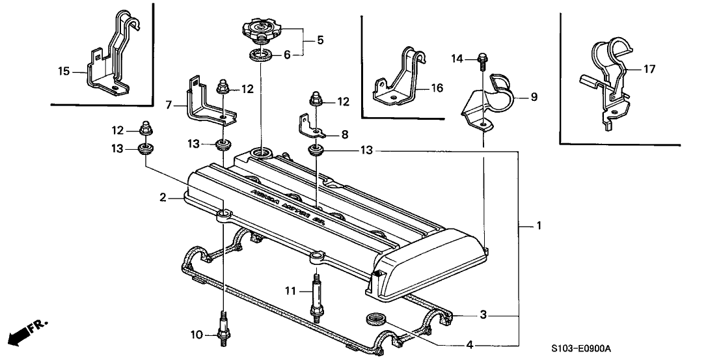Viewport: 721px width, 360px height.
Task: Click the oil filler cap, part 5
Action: (x=262, y=30)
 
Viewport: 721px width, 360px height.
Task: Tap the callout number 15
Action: (x=62, y=71)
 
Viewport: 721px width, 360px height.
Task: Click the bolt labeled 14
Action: (x=482, y=60)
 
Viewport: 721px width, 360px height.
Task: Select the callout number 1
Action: (x=539, y=226)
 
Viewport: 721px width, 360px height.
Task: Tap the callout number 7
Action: (x=169, y=104)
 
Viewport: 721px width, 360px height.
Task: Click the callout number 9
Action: (x=534, y=98)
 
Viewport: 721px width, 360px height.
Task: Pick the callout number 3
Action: (x=482, y=315)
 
